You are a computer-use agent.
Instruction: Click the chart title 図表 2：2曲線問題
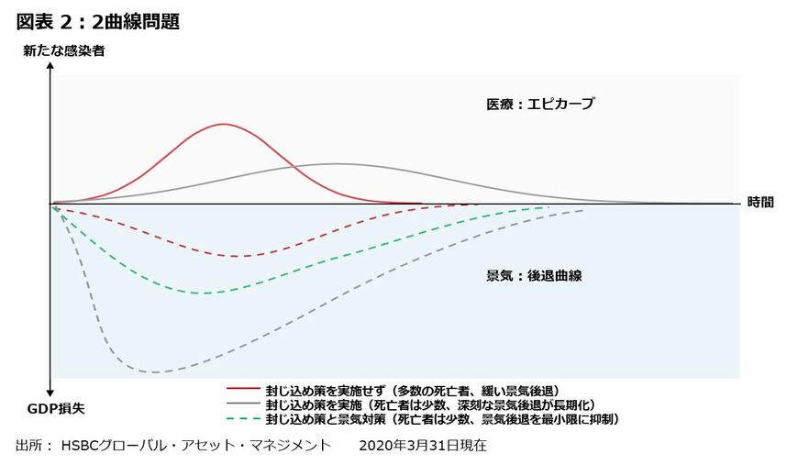tap(97, 22)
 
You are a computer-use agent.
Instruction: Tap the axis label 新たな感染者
tap(64, 51)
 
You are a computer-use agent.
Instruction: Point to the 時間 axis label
tap(760, 203)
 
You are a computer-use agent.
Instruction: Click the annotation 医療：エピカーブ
tap(540, 105)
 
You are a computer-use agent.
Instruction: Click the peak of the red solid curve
tap(224, 124)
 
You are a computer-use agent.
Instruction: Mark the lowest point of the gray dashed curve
tap(154, 372)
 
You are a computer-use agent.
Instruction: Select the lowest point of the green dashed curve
tap(207, 293)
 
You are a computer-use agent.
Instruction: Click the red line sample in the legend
tap(243, 390)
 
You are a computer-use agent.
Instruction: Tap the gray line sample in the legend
tap(243, 404)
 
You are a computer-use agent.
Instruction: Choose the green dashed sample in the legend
tap(243, 419)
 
